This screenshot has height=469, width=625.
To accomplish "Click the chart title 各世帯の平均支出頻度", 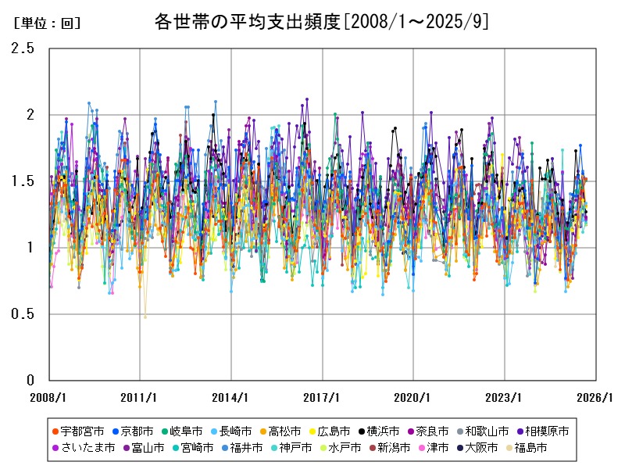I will point(322,22).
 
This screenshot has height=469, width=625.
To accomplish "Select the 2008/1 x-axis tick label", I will point(48,397).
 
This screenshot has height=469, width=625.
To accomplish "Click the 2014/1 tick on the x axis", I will point(231,397).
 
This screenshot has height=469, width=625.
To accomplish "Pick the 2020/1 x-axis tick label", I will point(413,397).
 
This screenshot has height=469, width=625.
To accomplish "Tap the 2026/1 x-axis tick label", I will point(595,397).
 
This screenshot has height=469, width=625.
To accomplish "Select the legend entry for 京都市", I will point(138,431).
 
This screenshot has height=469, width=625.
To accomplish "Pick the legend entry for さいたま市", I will point(85,448).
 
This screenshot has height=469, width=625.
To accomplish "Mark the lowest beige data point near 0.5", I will point(145,317).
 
